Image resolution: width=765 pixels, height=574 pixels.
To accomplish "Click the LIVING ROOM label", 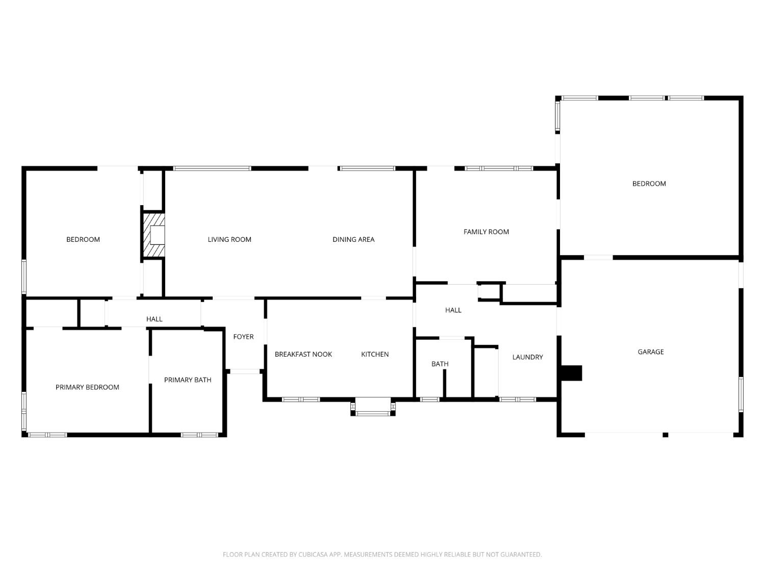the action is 229,239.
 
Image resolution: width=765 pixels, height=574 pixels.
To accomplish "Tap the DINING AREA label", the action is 353,239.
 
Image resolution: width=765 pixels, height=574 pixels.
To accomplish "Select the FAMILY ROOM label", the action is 486,232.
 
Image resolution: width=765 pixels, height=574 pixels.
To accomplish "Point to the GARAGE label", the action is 650,352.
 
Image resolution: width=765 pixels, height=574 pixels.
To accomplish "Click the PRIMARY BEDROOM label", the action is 87,387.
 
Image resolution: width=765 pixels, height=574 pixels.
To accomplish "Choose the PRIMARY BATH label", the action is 188,380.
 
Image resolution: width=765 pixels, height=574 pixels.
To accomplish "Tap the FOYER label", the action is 243,336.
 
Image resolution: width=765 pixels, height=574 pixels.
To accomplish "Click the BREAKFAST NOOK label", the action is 303,354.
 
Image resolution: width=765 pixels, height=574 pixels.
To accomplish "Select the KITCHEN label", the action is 375,354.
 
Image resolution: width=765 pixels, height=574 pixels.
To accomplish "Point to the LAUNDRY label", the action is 527,357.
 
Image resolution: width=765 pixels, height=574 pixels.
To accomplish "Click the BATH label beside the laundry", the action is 440,364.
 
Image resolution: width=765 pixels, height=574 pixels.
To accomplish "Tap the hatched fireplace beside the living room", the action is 154,235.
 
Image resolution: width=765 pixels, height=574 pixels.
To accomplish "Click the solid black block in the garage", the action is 571,373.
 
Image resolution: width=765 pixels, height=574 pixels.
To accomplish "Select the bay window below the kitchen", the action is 373,407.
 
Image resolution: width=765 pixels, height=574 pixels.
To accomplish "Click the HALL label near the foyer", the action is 154,319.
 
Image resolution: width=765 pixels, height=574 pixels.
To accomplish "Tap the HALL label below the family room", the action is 453,310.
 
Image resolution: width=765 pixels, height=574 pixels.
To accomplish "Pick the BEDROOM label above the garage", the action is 649,184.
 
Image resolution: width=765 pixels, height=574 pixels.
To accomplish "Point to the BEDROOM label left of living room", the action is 83,239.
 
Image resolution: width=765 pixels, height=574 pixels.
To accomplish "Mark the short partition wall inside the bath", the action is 444,383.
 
